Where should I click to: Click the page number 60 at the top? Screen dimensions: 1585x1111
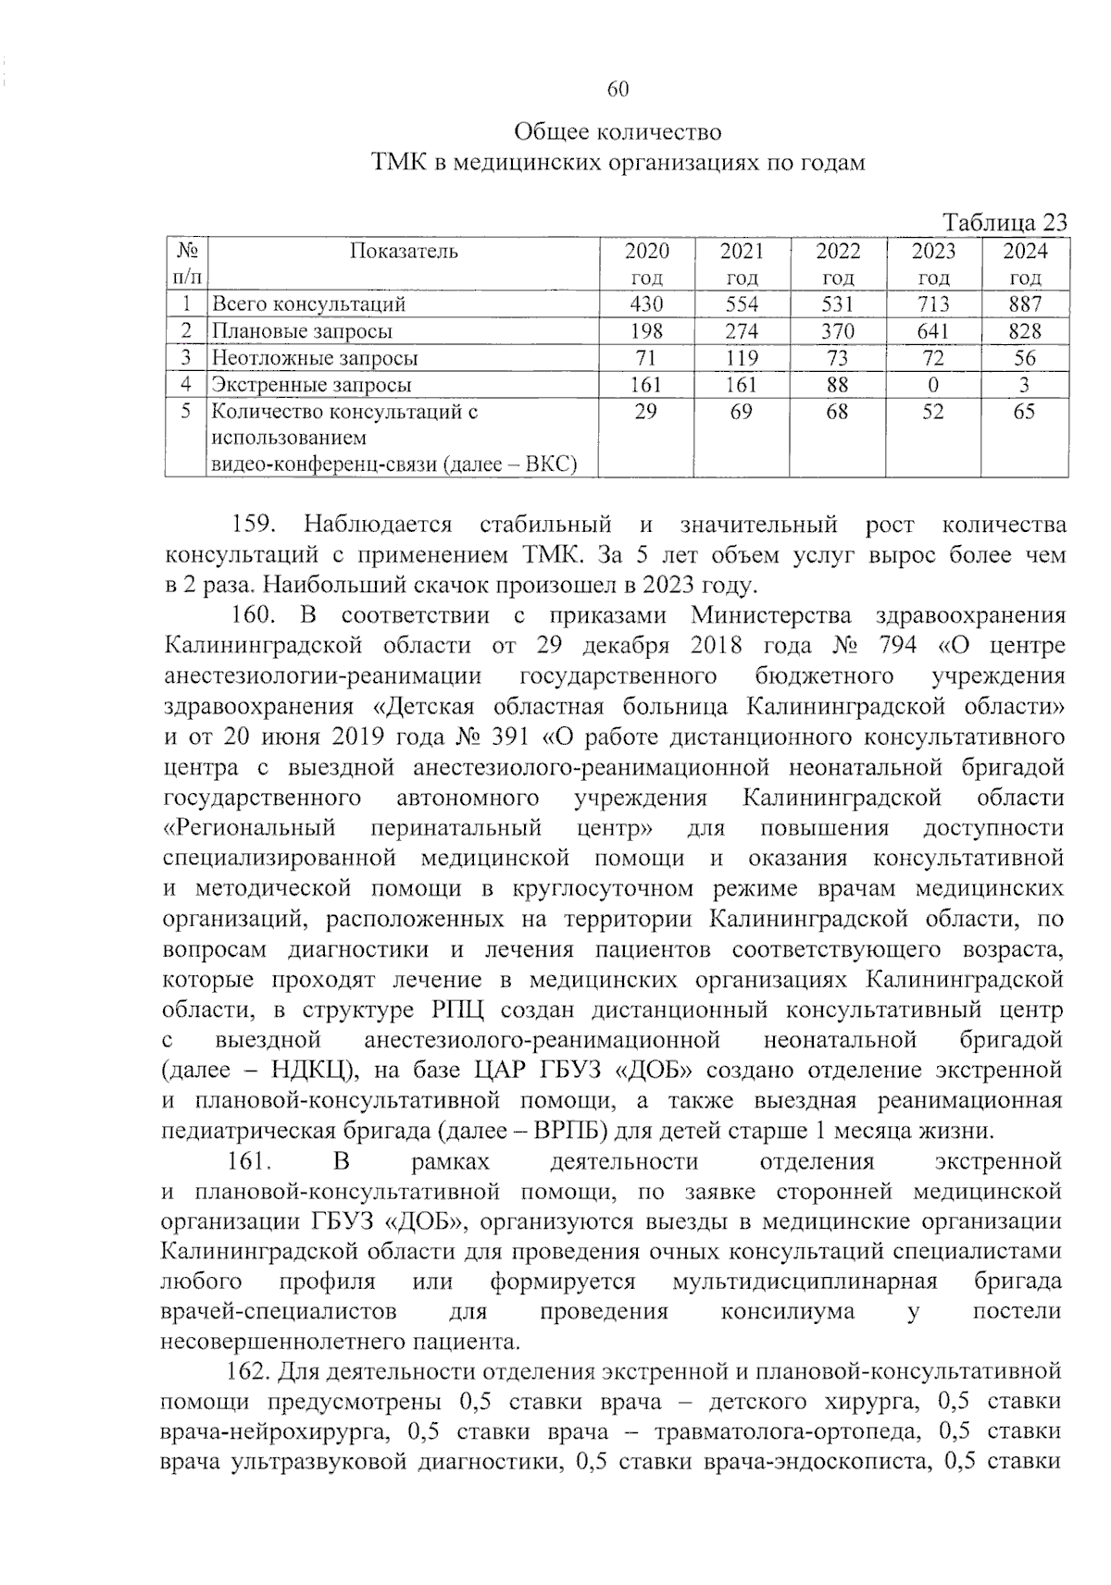tap(618, 89)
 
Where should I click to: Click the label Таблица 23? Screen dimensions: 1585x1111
tap(1005, 223)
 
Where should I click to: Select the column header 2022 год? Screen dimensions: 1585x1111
tap(837, 264)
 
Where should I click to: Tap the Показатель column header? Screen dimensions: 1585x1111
tap(404, 251)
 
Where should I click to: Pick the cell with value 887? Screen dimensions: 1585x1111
tap(1025, 303)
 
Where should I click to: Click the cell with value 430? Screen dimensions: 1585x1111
tap(646, 303)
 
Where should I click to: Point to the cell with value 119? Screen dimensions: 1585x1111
tap(742, 358)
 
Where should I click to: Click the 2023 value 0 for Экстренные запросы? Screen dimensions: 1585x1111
tap(933, 385)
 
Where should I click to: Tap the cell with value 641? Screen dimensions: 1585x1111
tap(933, 331)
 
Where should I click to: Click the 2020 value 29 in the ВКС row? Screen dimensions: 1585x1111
tap(646, 412)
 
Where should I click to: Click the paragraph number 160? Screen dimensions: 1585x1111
tap(254, 615)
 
